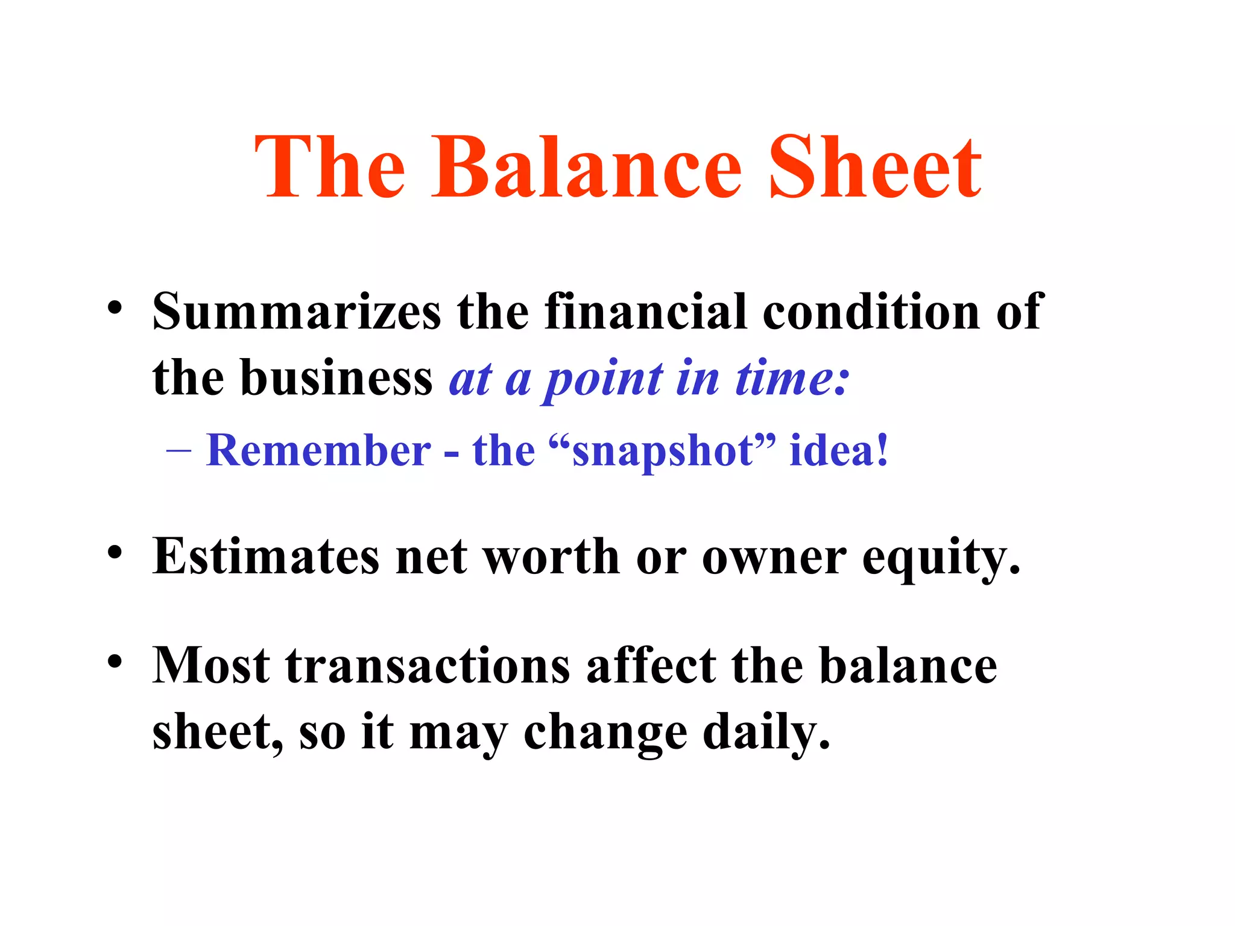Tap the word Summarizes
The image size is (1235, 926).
click(x=297, y=312)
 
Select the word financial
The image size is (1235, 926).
click(x=645, y=312)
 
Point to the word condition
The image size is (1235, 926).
click(x=871, y=312)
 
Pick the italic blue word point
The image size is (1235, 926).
click(x=604, y=380)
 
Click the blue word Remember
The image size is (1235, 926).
click(x=318, y=450)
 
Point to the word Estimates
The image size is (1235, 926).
click(x=266, y=556)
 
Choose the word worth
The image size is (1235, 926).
click(x=552, y=556)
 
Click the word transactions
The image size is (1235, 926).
click(x=428, y=666)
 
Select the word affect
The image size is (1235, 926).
click(x=651, y=666)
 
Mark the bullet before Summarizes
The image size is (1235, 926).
click(x=115, y=309)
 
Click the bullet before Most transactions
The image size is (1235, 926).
click(x=115, y=662)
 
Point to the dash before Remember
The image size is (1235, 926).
click(x=178, y=451)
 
